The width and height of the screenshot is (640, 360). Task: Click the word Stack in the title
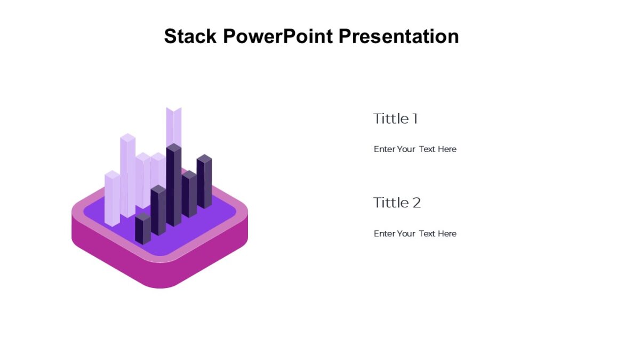click(190, 36)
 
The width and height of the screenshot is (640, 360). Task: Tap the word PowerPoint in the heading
click(278, 36)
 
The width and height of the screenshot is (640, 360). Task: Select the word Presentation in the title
click(399, 36)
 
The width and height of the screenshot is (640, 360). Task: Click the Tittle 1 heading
click(395, 118)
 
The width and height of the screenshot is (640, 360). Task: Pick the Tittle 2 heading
click(397, 203)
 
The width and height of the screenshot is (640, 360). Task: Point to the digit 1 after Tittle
click(415, 118)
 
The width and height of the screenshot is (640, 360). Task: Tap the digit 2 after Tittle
click(417, 203)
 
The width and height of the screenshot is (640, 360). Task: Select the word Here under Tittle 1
click(447, 149)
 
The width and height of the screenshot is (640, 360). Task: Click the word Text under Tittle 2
click(427, 234)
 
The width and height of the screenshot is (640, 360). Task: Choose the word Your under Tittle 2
click(406, 234)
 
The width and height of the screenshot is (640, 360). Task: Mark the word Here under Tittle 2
click(447, 234)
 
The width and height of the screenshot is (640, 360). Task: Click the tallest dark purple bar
click(174, 185)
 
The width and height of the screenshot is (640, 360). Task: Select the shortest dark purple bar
click(143, 229)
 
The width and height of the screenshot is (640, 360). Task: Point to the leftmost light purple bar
click(113, 198)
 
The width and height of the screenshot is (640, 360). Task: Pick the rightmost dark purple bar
click(204, 181)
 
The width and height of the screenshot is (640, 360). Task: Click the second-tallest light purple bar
click(127, 175)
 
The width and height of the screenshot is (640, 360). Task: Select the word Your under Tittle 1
click(406, 149)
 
